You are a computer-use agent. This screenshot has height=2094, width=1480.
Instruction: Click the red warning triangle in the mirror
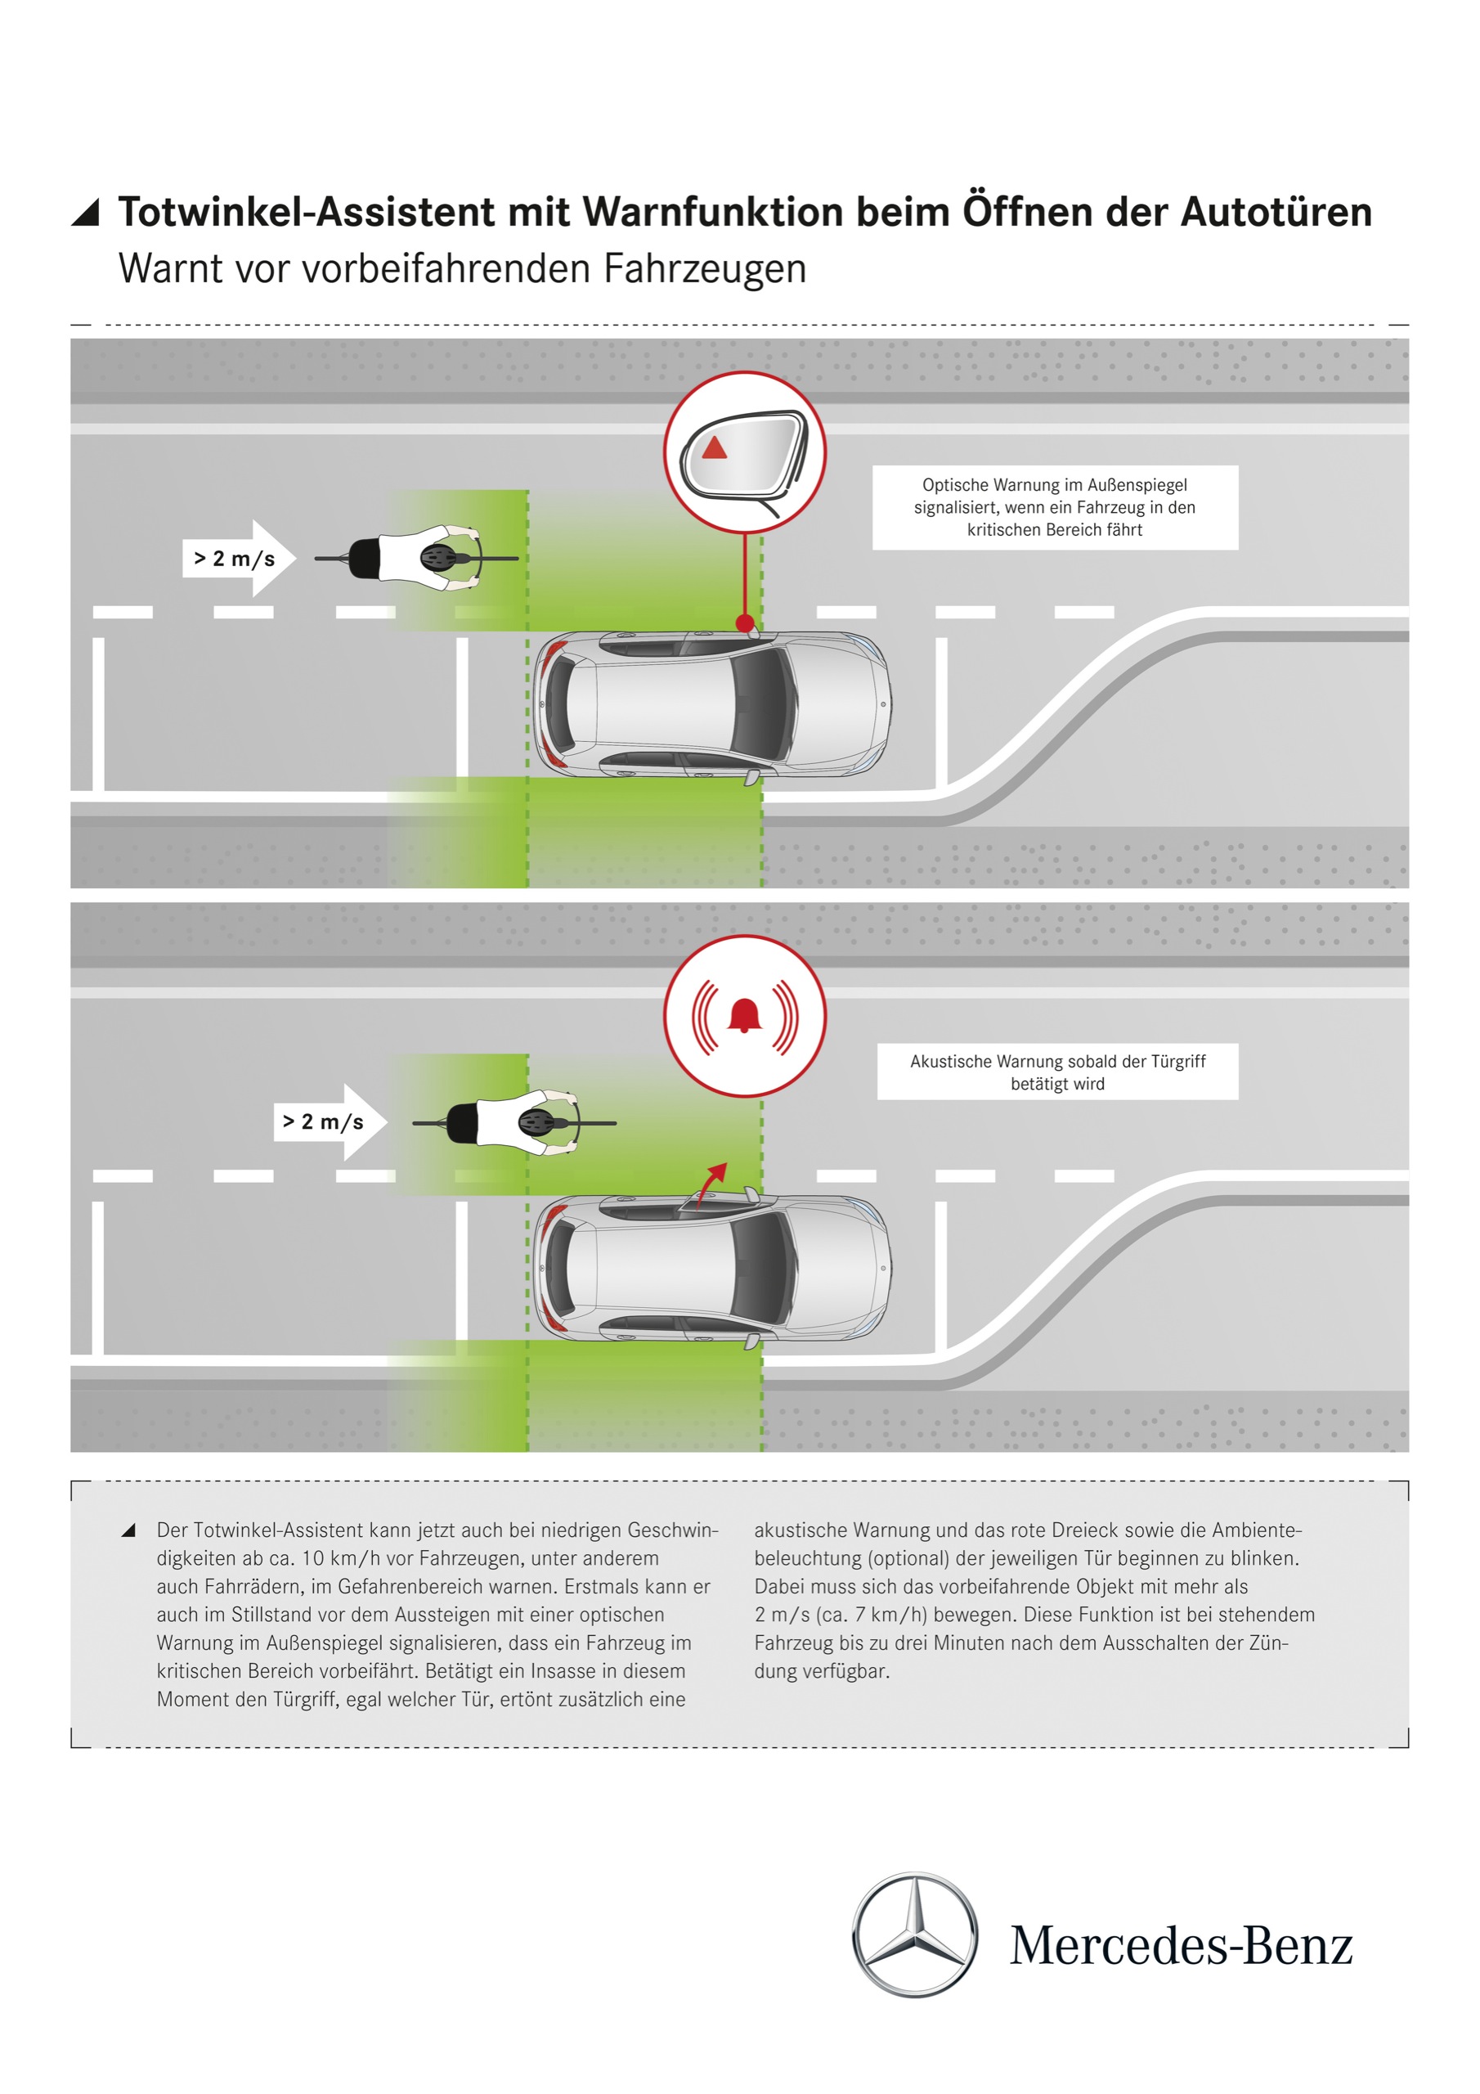pyautogui.click(x=714, y=447)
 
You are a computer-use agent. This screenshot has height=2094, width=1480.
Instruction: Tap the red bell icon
pyautogui.click(x=744, y=1014)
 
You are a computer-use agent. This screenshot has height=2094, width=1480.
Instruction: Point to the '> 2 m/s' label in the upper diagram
pyautogui.click(x=235, y=558)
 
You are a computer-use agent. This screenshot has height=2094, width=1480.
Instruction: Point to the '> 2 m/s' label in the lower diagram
pyautogui.click(x=323, y=1121)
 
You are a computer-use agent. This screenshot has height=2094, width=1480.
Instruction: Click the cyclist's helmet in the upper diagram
pyautogui.click(x=438, y=557)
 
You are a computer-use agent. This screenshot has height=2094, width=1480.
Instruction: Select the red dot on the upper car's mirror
pyautogui.click(x=745, y=624)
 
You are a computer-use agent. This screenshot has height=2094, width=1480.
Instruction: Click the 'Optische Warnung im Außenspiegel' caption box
pyautogui.click(x=1054, y=507)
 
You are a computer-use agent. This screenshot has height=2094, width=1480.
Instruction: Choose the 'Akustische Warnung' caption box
pyautogui.click(x=1057, y=1072)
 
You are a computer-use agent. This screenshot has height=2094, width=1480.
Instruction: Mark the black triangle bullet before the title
pyautogui.click(x=86, y=212)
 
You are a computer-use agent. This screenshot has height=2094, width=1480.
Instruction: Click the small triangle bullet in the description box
pyautogui.click(x=128, y=1530)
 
